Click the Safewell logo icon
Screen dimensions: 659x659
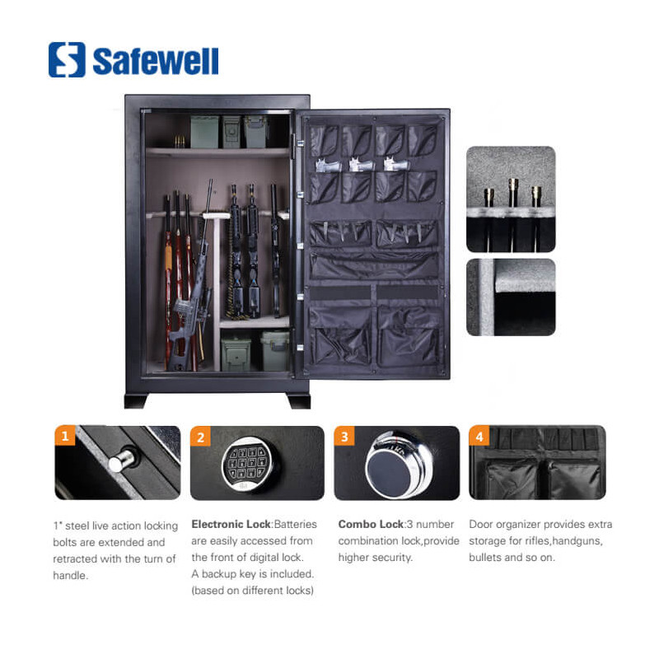coord(67,59)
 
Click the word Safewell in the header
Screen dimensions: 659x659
coord(156,61)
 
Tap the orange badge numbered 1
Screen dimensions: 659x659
coord(65,436)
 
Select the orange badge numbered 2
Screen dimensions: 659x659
coord(200,437)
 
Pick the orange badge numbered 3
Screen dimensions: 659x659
coord(344,437)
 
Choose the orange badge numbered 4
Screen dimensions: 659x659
coord(479,437)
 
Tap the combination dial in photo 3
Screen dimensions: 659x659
coord(397,464)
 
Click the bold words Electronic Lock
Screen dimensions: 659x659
coord(231,524)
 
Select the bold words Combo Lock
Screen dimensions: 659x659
coord(371,524)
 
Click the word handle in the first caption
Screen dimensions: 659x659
coord(70,575)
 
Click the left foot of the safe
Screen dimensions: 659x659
coord(136,400)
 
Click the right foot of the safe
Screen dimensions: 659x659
coord(299,400)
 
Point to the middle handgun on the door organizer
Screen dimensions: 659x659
coord(361,164)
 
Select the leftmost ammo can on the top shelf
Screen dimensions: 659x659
coord(204,132)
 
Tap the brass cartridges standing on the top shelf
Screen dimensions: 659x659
coord(180,142)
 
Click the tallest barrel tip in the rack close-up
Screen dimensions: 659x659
coord(513,191)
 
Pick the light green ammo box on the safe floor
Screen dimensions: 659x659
coord(275,351)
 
